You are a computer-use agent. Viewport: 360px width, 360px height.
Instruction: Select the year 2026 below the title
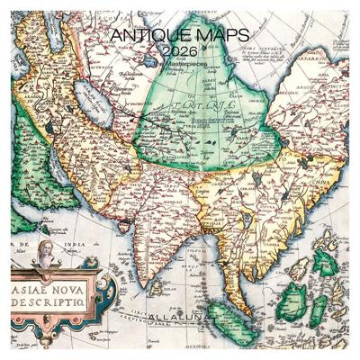(x=180, y=52)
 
